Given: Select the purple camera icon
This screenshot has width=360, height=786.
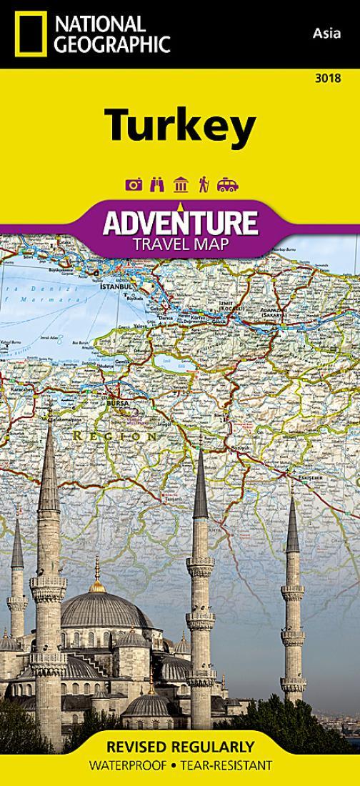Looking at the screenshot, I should pyautogui.click(x=134, y=185).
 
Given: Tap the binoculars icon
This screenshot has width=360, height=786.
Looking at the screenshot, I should pyautogui.click(x=157, y=185).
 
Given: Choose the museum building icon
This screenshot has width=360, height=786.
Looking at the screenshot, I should pyautogui.click(x=180, y=185).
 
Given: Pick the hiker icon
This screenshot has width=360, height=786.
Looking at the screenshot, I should pyautogui.click(x=203, y=185).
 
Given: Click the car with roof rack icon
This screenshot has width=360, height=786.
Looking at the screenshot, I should pyautogui.click(x=227, y=185).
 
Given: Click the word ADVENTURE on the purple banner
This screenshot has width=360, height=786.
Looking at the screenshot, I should pyautogui.click(x=180, y=223).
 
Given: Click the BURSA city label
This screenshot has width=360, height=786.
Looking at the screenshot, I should pyautogui.click(x=116, y=404).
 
